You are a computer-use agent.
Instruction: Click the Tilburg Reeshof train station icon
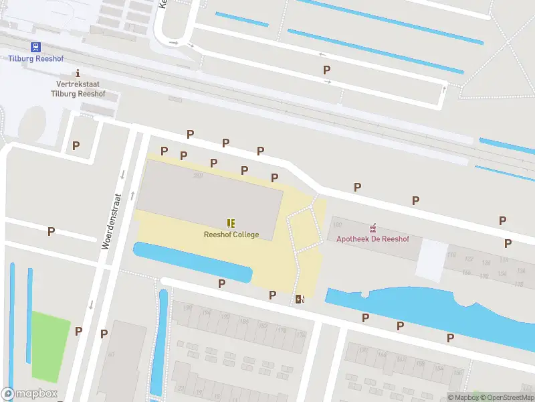35,47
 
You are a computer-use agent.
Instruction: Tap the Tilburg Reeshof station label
35,58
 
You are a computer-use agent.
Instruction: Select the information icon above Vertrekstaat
78,73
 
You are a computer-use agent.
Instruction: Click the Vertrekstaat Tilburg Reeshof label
78,89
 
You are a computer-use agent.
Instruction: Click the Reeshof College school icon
231,223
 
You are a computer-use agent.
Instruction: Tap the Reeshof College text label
231,234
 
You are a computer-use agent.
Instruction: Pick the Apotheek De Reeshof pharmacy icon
373,228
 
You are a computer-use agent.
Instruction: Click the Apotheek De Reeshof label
372,239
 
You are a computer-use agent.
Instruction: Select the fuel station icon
300,299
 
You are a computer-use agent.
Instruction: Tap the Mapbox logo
29,394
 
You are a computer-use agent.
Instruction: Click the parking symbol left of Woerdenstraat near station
76,145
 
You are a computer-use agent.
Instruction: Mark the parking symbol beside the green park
78,331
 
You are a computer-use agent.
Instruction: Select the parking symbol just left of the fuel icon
273,295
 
